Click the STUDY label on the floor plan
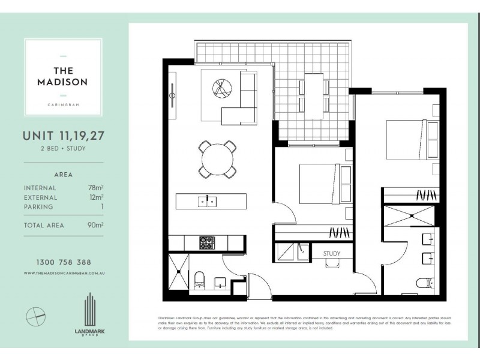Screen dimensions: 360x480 pos(332,254)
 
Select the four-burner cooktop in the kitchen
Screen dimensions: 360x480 pos(207,243)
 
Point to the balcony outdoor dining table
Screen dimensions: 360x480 pos(314,94)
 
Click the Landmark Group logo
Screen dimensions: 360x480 pos(89,314)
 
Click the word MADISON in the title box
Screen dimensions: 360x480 pos(63,82)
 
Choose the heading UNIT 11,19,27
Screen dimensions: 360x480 pos(64,136)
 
